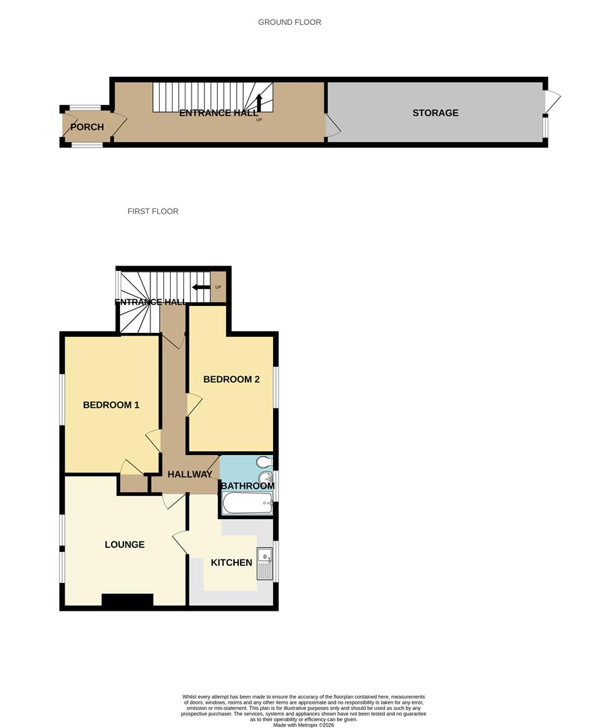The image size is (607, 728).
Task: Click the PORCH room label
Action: [87, 127]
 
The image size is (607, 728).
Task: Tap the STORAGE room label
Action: [435, 113]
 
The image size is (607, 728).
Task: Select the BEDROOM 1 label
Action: [111, 405]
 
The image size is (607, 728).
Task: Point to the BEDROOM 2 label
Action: [231, 380]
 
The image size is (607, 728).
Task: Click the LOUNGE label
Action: [124, 545]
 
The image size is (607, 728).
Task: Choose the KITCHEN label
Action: [231, 563]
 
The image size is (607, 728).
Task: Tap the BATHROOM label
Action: [248, 486]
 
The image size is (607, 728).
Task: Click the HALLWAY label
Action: [190, 475]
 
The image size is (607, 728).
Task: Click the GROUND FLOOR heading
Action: [289, 22]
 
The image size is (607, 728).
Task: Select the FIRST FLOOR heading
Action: [152, 212]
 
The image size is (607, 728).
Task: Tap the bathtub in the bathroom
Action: [247, 502]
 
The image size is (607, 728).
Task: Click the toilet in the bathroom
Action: [264, 462]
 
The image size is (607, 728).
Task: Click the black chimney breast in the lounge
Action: [127, 600]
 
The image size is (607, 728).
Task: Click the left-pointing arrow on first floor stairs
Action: [200, 287]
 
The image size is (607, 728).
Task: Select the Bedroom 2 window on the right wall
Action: [276, 387]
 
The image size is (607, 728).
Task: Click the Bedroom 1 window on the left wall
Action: [61, 400]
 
